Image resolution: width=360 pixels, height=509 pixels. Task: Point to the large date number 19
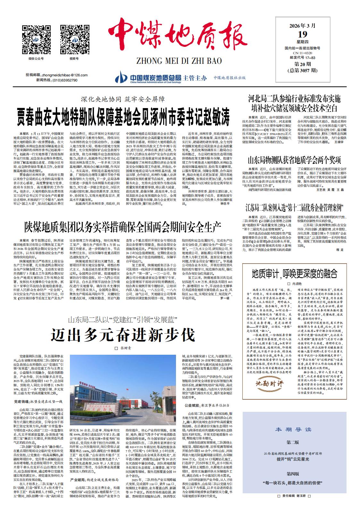[302, 34]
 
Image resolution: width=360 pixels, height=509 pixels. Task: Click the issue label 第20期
[302, 65]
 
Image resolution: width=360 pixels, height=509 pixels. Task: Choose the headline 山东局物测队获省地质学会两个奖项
[295, 160]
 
